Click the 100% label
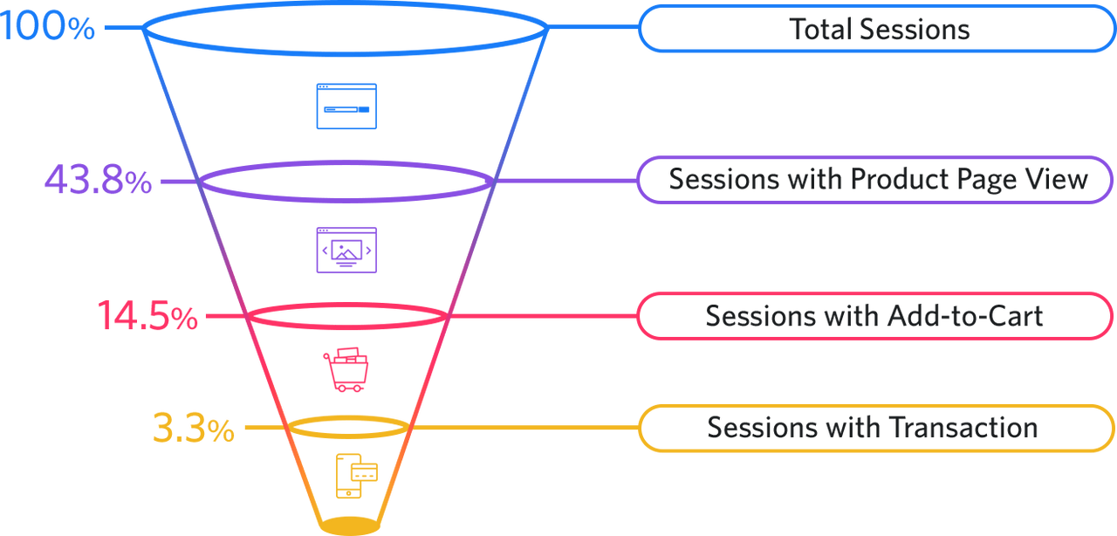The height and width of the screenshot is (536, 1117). click(47, 28)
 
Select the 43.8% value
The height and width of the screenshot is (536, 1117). click(97, 182)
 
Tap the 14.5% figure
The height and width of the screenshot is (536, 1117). click(147, 316)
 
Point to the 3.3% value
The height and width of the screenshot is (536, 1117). click(193, 429)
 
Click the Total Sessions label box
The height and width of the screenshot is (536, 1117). click(877, 30)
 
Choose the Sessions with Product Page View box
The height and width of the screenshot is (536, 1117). click(877, 180)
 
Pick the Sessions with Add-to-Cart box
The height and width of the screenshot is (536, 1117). click(874, 316)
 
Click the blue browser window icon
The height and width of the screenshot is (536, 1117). click(346, 107)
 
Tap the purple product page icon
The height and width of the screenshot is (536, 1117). click(346, 251)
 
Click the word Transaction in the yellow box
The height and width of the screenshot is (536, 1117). click(962, 429)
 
